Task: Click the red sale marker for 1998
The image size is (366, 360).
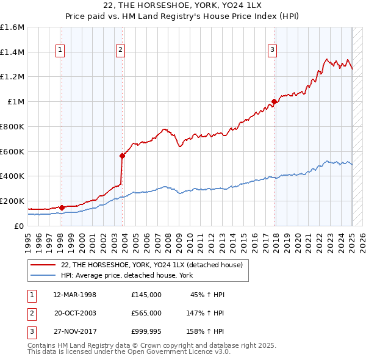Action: click(x=62, y=207)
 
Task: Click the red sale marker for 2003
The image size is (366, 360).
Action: click(x=123, y=156)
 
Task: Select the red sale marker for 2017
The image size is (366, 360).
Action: click(x=274, y=102)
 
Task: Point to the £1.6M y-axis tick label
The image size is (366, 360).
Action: click(x=12, y=27)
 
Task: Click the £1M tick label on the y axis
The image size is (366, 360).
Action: click(x=15, y=102)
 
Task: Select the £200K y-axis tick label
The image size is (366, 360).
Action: click(x=12, y=201)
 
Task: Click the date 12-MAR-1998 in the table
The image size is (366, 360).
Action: click(x=75, y=295)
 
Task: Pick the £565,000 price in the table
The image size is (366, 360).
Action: click(x=146, y=312)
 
